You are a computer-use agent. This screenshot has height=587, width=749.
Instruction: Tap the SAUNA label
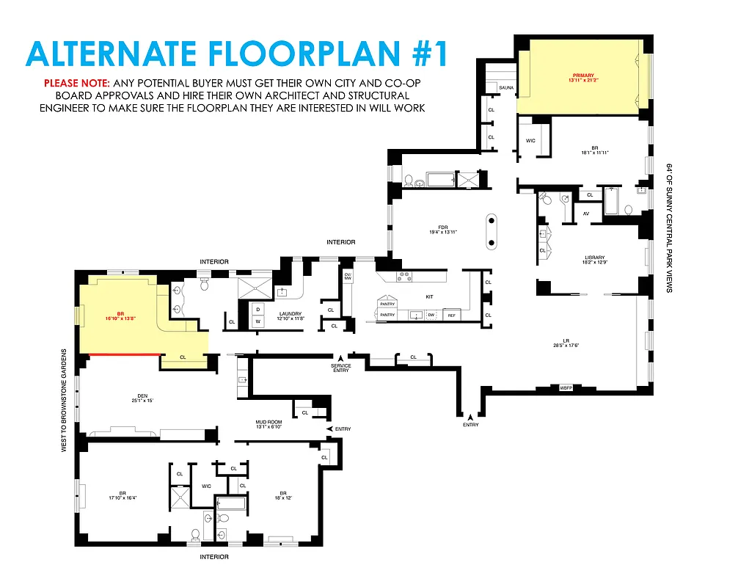click(x=506, y=88)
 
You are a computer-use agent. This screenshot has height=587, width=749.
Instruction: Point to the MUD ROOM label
click(x=268, y=425)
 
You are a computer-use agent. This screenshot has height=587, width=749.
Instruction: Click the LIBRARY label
click(x=594, y=259)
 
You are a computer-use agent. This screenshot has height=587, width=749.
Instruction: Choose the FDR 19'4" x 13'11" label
click(x=442, y=230)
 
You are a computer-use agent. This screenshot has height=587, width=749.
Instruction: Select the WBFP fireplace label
click(x=566, y=387)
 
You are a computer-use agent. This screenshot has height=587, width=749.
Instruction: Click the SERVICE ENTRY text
click(x=340, y=368)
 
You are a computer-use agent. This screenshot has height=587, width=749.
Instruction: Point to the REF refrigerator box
click(x=451, y=315)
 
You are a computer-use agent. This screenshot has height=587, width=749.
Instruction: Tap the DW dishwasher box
click(x=431, y=315)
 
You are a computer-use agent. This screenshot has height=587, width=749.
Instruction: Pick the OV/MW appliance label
click(x=348, y=277)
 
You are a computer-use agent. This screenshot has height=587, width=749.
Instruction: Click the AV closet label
click(x=585, y=214)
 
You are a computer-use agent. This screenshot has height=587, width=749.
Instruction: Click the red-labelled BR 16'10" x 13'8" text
click(x=121, y=316)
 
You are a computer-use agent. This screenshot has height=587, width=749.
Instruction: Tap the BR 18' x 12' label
click(x=282, y=495)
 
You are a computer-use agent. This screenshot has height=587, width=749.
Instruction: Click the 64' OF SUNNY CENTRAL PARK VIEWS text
click(x=669, y=228)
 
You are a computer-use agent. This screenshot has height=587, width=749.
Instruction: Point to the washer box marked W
click(x=257, y=321)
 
